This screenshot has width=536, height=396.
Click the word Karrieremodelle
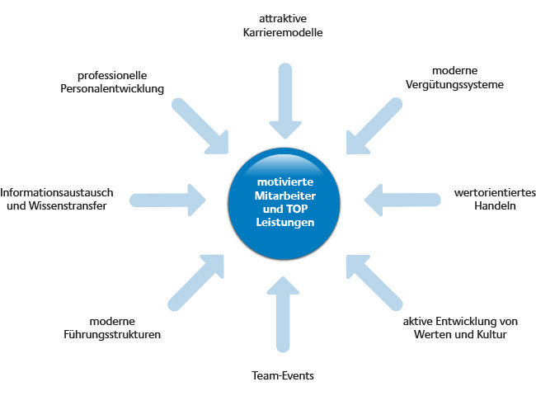pos(283,32)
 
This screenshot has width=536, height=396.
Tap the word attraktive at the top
pos(283,18)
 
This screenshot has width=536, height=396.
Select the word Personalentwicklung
pos(112,89)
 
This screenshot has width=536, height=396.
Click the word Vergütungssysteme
pos(454,84)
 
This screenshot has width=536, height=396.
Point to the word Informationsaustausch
pos(57,192)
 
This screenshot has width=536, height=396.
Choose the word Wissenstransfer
pos(68,206)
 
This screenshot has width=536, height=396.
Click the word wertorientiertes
pos(495,192)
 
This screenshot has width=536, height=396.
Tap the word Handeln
pos(495,206)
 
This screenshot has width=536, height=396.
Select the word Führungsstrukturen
pos(112,334)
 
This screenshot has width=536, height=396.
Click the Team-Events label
pos(283,375)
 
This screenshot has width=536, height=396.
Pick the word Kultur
pos(492,334)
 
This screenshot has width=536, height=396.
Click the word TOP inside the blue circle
pos(297,209)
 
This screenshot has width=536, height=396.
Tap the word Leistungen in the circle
pos(285,222)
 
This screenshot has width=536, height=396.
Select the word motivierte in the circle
pos(285,182)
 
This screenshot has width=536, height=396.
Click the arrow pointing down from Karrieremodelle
pos(285,101)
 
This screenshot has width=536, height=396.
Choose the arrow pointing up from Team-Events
pos(283,314)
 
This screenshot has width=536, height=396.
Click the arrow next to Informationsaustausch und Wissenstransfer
pos(167,200)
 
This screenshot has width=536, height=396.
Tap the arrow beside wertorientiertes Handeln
pos(402,200)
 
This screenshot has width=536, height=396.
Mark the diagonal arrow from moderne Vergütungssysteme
pos(374,126)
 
